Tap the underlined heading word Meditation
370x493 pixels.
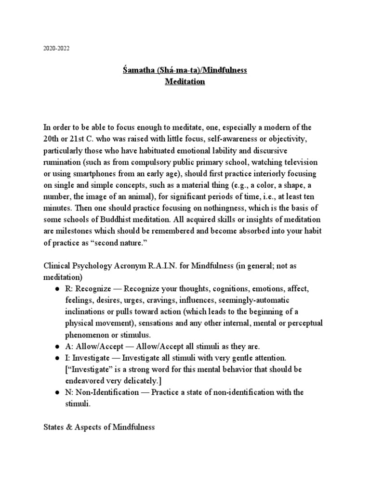pos(185,82)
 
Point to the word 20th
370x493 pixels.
pos(52,139)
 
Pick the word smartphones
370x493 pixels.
pos(92,174)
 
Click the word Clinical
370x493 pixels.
pos(57,266)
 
